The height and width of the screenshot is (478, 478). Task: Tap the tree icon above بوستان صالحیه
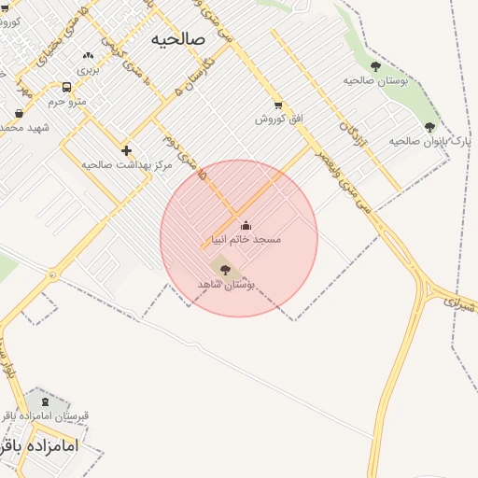pos(375,66)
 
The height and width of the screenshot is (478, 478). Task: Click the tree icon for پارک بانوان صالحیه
pos(429,127)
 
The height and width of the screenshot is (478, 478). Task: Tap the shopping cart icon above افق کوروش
pos(277,105)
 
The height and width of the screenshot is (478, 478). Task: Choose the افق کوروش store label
pos(277,119)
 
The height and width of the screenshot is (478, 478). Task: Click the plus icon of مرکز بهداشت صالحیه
pos(126,150)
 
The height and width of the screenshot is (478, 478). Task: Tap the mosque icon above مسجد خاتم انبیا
pos(246,225)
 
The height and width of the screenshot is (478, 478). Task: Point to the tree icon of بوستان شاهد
pos(225,270)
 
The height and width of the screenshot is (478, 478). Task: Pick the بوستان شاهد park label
pos(226,284)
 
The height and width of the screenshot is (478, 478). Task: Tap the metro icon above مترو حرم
pos(66,87)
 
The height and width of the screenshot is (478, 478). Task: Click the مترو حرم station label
pos(66,101)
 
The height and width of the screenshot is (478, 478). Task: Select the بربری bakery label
pos(87,70)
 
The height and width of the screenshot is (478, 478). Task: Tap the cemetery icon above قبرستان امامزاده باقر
pos(46,401)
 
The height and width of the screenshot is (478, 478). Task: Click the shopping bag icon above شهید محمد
pos(20,114)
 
